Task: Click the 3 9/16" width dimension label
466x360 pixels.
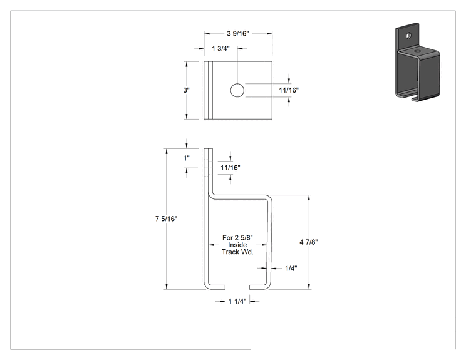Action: pos(238,34)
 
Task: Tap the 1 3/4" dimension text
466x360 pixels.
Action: pos(220,49)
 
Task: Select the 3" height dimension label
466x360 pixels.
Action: pos(187,90)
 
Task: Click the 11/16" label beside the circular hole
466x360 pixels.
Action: pos(289,90)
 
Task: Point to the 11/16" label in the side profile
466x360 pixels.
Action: pos(230,168)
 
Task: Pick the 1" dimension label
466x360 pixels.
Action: pos(187,158)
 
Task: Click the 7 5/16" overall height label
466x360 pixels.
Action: pos(166,219)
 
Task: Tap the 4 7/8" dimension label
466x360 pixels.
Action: pos(309,242)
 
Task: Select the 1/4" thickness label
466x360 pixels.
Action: pos(291,269)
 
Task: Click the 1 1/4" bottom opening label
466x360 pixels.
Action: pos(237,302)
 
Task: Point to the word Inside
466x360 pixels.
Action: pos(237,245)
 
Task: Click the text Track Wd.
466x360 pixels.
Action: pos(237,252)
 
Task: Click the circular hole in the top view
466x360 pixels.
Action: pos(237,90)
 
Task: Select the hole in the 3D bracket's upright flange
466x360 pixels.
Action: pos(408,36)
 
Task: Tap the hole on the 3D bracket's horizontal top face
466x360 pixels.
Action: pos(418,51)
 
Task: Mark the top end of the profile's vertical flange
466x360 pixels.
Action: pos(209,149)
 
